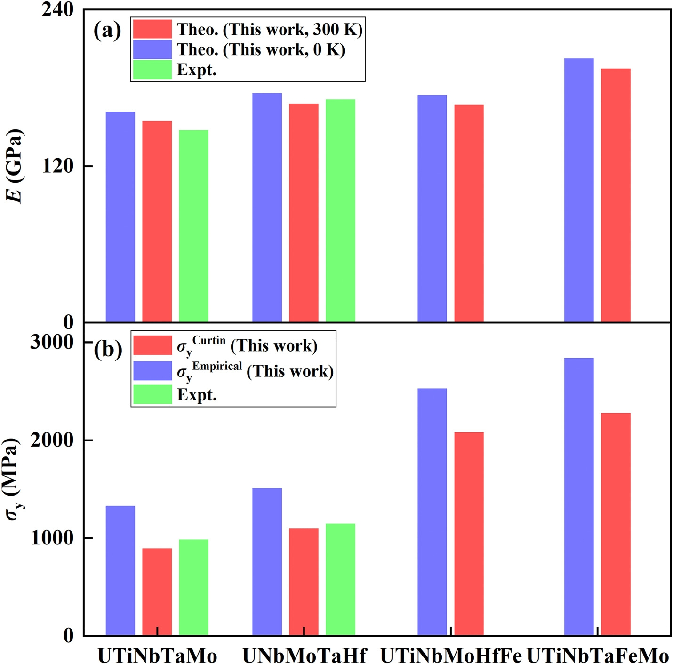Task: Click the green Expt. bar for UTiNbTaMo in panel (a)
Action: click(193, 226)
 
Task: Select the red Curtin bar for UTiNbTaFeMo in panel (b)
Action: click(616, 524)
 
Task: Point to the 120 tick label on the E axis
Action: click(57, 166)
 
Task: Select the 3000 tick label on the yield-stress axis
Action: click(52, 342)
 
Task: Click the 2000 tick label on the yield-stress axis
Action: click(52, 440)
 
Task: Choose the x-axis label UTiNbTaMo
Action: click(157, 656)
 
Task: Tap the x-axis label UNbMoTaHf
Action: click(304, 656)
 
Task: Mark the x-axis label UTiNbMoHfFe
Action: click(451, 656)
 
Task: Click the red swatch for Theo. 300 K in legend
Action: click(152, 29)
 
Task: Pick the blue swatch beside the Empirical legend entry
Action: click(152, 371)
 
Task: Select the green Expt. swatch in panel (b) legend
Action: click(152, 394)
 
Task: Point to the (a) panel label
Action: click(107, 31)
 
